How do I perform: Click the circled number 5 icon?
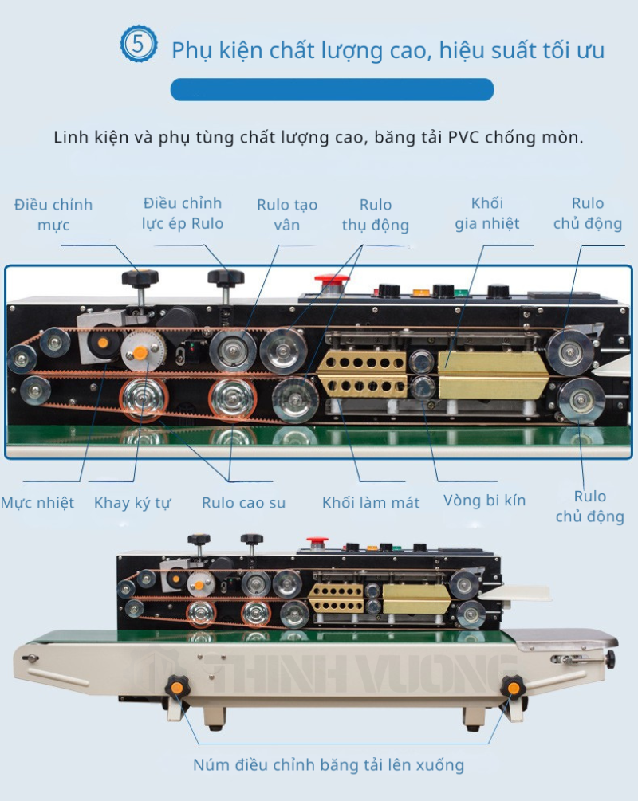coord(139,45)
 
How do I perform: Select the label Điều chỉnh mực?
coord(53,214)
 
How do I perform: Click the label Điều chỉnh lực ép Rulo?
coord(183,213)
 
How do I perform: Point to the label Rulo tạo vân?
coord(287,214)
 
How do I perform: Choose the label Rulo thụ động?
coord(376,214)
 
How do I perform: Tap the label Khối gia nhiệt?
coord(487,213)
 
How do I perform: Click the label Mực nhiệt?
coord(37,503)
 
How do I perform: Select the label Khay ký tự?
coord(132,503)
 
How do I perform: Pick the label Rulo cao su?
coord(243,503)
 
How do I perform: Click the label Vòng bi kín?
coord(484,501)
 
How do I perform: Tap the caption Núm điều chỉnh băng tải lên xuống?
coord(328,765)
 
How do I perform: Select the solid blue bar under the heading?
coord(333,89)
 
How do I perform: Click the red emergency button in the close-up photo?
coord(333,281)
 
